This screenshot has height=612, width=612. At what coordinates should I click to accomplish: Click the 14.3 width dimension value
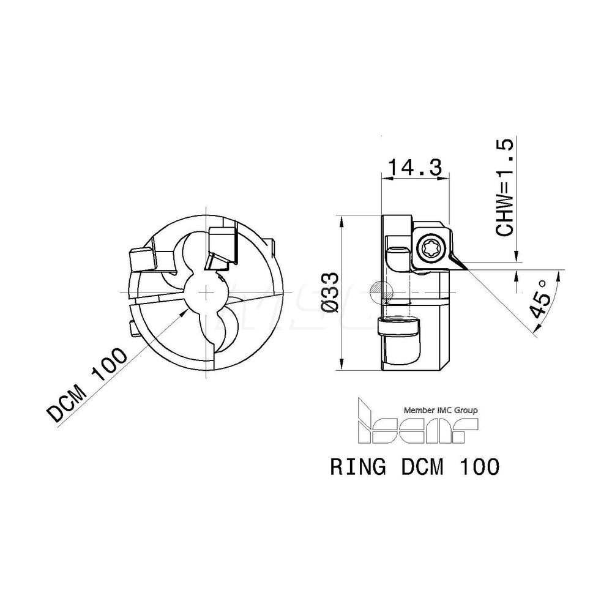click(x=416, y=166)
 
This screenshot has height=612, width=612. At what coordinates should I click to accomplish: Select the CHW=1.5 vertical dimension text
click(x=506, y=187)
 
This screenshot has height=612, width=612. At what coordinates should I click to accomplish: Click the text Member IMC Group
click(x=439, y=410)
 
